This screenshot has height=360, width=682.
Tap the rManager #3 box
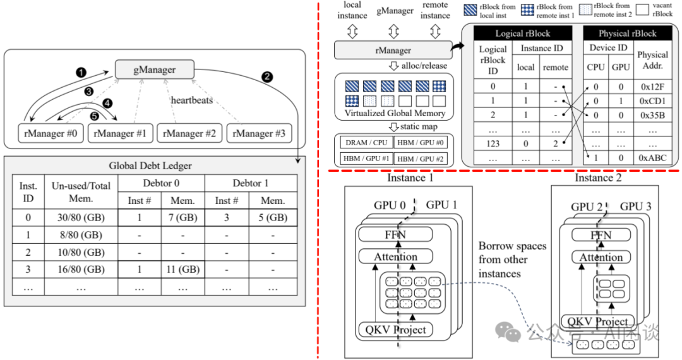[260, 134]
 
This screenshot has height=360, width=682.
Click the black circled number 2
[267, 77]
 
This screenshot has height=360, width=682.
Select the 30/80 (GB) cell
[82, 218]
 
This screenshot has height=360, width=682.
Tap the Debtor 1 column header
[251, 183]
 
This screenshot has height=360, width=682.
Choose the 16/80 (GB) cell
[82, 270]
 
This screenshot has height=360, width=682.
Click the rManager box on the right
[393, 51]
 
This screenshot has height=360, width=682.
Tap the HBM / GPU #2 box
[420, 158]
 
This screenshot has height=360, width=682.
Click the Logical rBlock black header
[523, 33]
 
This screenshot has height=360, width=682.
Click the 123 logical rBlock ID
[493, 143]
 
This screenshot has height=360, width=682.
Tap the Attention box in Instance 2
[600, 258]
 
